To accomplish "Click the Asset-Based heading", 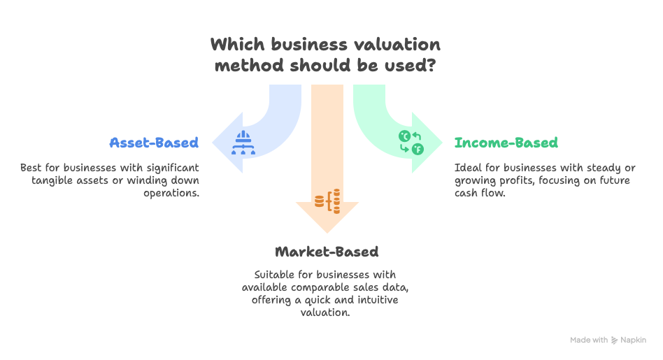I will point(154,143).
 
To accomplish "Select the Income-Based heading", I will point(506,143).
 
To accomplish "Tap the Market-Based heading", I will point(327,252).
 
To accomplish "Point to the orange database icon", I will point(327,201).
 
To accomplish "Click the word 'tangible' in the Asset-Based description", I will point(53,180).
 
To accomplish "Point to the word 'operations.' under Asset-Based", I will point(171,193).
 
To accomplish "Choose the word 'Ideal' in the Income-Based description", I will point(466,168).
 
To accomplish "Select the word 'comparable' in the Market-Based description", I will point(320,287).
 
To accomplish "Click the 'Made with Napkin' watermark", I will point(608,340).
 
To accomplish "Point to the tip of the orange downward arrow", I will point(327,231).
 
